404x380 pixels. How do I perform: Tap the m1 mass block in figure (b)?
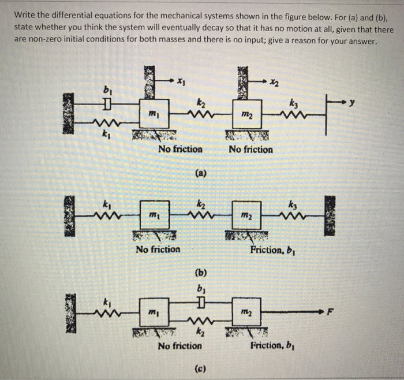tap(155, 214)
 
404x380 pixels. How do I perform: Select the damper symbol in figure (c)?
tap(200, 303)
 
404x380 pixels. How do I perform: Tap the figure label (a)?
tap(200, 172)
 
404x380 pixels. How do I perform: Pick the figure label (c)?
tap(200, 368)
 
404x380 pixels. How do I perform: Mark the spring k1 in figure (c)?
tap(107, 312)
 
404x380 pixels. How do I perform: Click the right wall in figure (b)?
tap(330, 213)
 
